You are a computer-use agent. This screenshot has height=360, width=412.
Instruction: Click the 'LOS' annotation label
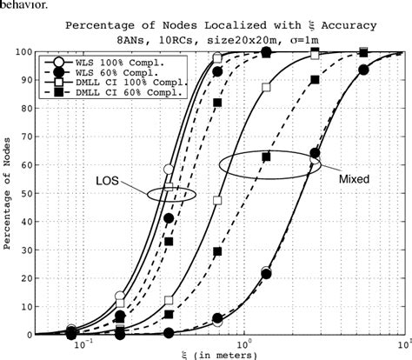tap(106, 183)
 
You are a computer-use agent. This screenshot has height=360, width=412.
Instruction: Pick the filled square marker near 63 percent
tap(267, 157)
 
